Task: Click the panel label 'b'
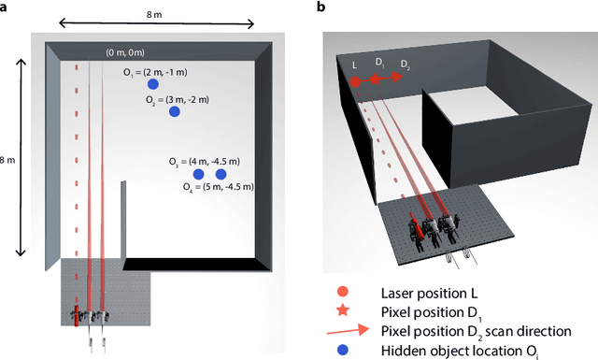tap(320, 7)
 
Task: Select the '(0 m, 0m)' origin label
tap(125, 53)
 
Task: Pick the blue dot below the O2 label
tap(174, 112)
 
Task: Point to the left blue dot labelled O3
tap(198, 174)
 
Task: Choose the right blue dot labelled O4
tap(221, 174)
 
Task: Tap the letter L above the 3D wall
tap(355, 65)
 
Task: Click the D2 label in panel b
tap(404, 64)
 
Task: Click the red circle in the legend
tap(343, 291)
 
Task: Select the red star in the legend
tap(343, 310)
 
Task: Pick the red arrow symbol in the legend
tap(343, 330)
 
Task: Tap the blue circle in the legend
tap(343, 351)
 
